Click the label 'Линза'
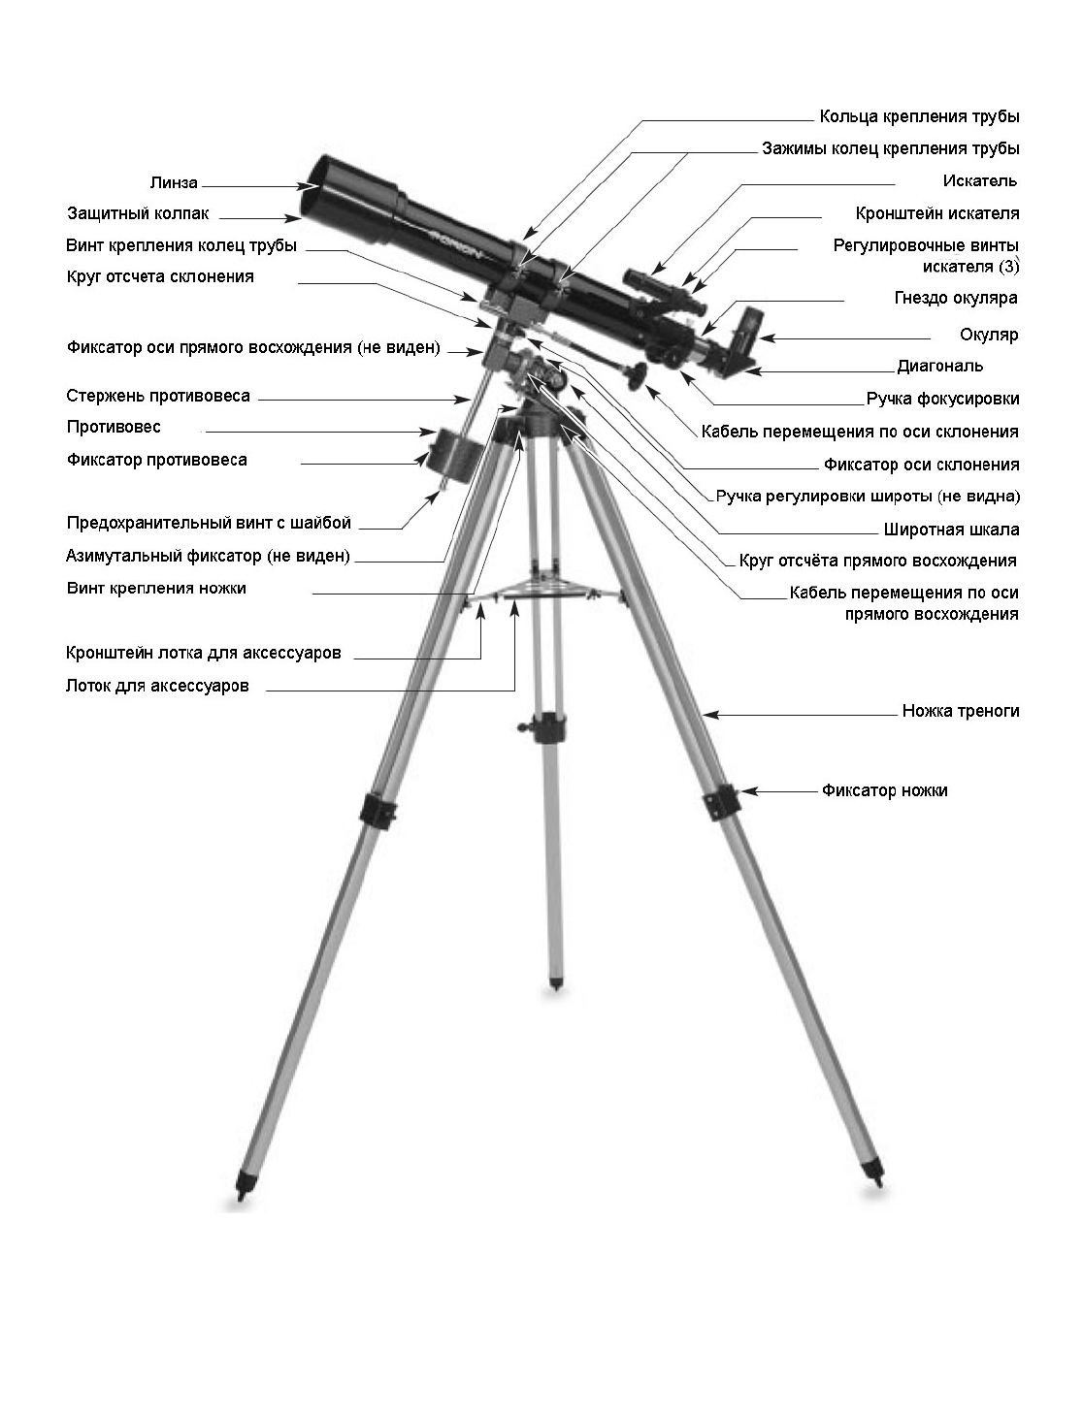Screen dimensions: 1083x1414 [174, 182]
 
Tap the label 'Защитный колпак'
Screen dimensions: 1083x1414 [138, 213]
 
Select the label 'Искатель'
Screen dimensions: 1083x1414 [979, 181]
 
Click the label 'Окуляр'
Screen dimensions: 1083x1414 [989, 335]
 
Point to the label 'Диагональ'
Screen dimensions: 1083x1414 [939, 366]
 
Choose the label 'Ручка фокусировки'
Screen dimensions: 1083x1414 [942, 399]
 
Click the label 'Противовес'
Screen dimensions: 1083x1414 [114, 427]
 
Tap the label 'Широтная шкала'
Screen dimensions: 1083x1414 [951, 530]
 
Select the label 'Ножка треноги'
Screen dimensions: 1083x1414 [960, 711]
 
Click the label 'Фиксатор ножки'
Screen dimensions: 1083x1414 [884, 790]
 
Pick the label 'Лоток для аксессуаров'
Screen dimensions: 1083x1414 [157, 686]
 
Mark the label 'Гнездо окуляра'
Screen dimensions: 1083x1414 [955, 298]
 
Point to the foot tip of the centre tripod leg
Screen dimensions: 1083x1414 [556, 983]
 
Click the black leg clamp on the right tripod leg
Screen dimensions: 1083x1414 [722, 800]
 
